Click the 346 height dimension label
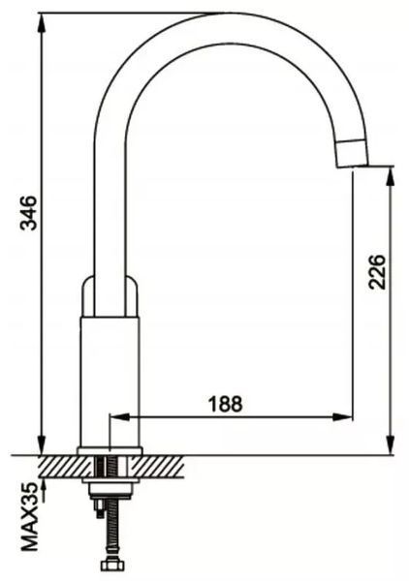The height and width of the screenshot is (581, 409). coord(28,213)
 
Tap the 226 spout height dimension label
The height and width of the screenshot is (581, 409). coord(377,271)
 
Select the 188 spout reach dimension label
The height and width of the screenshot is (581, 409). coord(226,404)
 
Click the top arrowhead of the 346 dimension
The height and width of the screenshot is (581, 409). coord(43,25)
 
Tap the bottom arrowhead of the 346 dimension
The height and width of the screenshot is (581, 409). coord(43,443)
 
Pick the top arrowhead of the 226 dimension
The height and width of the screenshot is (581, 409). coord(391,178)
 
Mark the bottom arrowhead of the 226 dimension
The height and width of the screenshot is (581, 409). coord(391,443)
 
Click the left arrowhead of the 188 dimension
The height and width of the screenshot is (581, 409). coord(121,416)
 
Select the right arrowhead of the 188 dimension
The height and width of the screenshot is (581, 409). coord(342,416)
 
